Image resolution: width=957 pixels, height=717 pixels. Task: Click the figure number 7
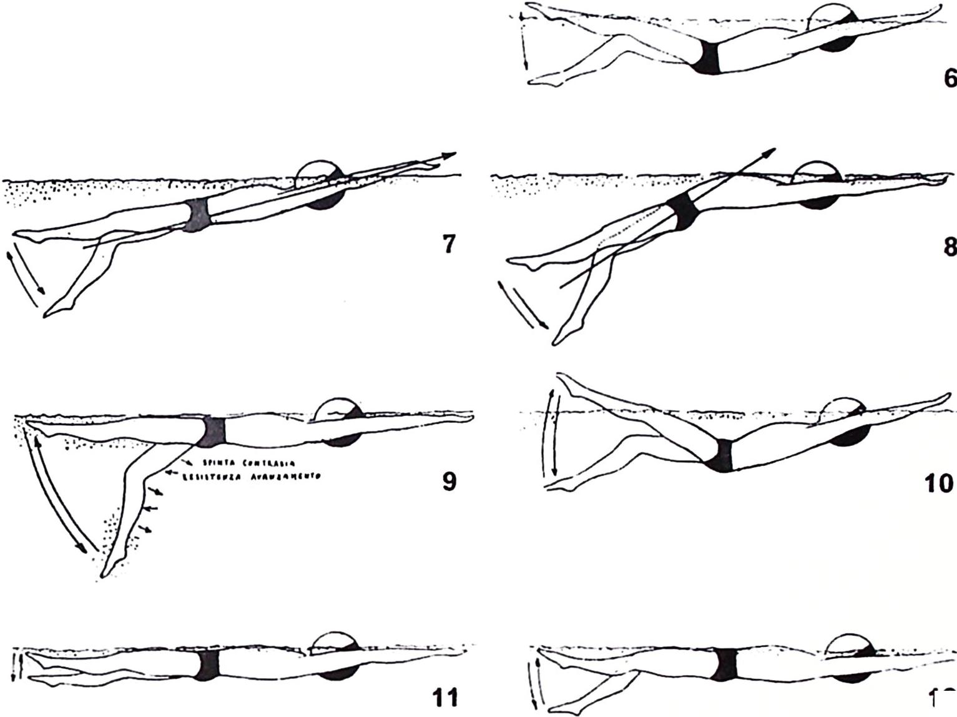(x=448, y=244)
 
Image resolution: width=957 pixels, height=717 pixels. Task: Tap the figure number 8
(x=949, y=247)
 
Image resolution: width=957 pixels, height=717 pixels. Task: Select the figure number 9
(x=448, y=481)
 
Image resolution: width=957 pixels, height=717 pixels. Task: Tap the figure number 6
(x=950, y=79)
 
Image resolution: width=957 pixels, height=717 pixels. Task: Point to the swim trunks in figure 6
(x=709, y=57)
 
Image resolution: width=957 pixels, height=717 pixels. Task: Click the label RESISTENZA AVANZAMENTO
(x=250, y=477)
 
